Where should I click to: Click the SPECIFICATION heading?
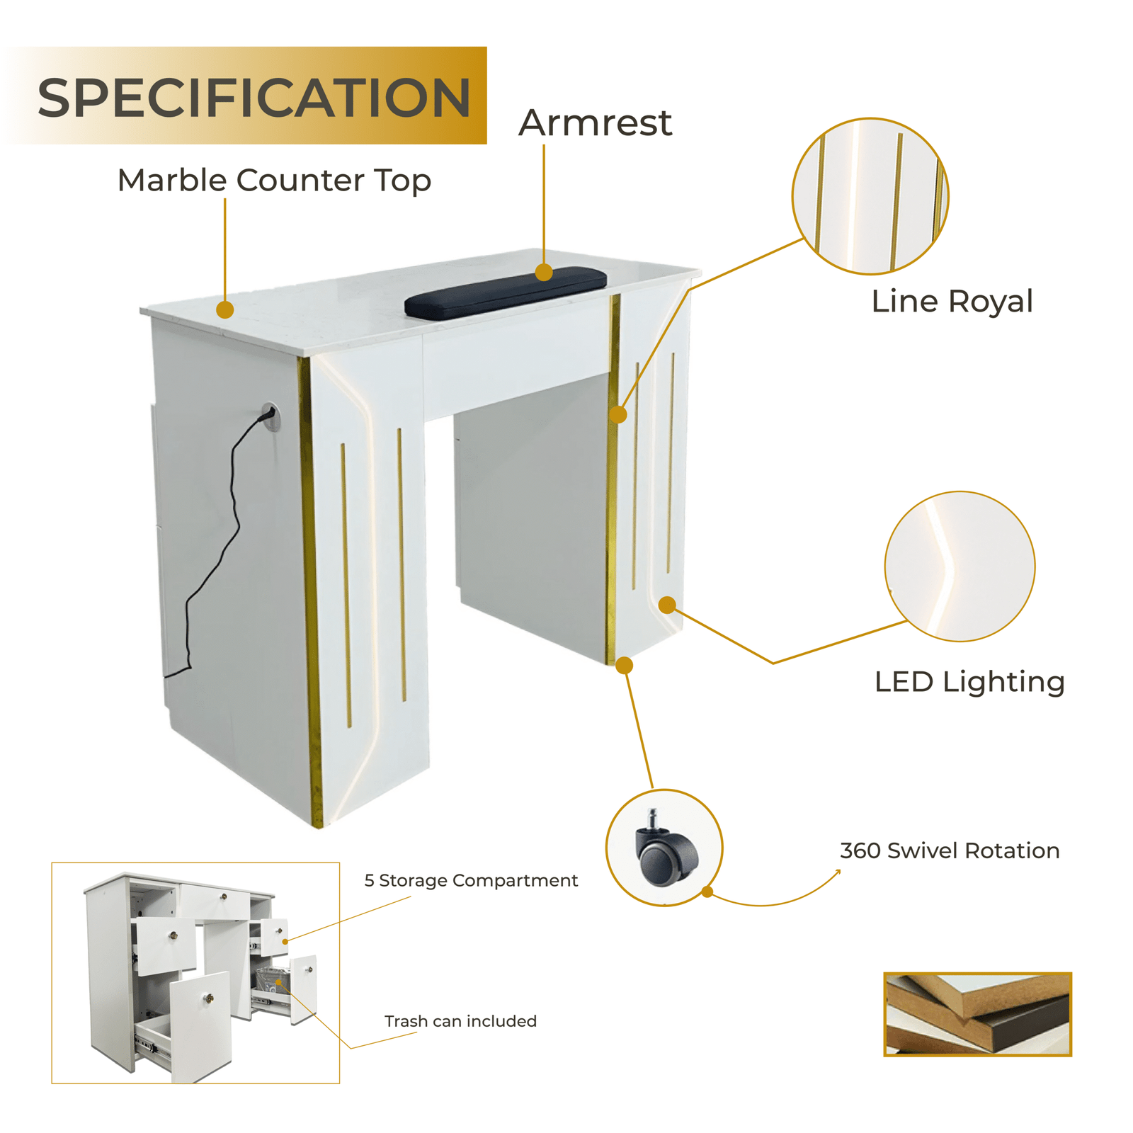[254, 98]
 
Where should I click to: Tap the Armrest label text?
[595, 123]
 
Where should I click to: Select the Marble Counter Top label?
[274, 181]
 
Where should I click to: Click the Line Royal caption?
[952, 301]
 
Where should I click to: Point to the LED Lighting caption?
[969, 682]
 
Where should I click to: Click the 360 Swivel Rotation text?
[950, 850]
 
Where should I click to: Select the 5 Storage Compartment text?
[471, 880]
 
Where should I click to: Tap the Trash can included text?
[460, 1021]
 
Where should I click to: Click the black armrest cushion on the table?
[506, 291]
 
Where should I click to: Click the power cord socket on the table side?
[269, 415]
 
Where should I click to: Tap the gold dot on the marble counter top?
[225, 309]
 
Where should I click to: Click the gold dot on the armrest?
[544, 272]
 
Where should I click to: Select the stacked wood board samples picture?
[977, 1014]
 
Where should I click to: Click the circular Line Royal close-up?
[870, 196]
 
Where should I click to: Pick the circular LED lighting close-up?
[960, 566]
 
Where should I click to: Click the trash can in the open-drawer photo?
[270, 981]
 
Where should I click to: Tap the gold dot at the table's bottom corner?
[624, 665]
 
